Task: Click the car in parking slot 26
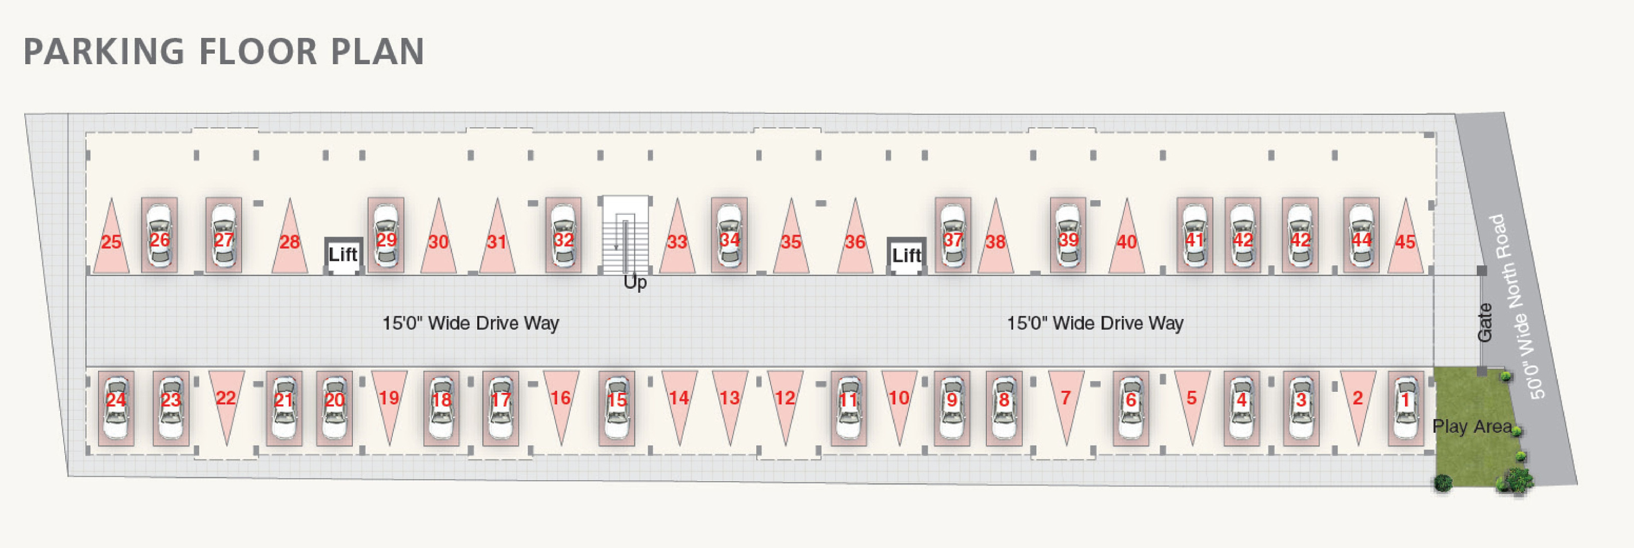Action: pyautogui.click(x=159, y=237)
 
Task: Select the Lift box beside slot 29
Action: pyautogui.click(x=343, y=255)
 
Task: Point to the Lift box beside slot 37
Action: pyautogui.click(x=906, y=255)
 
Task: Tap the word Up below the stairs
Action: pyautogui.click(x=635, y=282)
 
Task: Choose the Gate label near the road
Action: pyautogui.click(x=1485, y=322)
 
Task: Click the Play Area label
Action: pyautogui.click(x=1472, y=426)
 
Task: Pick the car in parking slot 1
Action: pyautogui.click(x=1406, y=408)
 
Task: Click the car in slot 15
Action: pyautogui.click(x=616, y=408)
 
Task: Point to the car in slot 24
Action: pyautogui.click(x=116, y=408)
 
